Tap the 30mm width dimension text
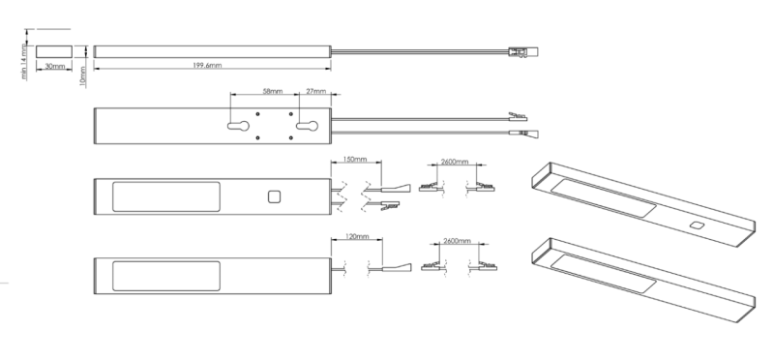click(54, 67)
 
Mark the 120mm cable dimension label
click(354, 236)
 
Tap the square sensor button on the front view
click(274, 197)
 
